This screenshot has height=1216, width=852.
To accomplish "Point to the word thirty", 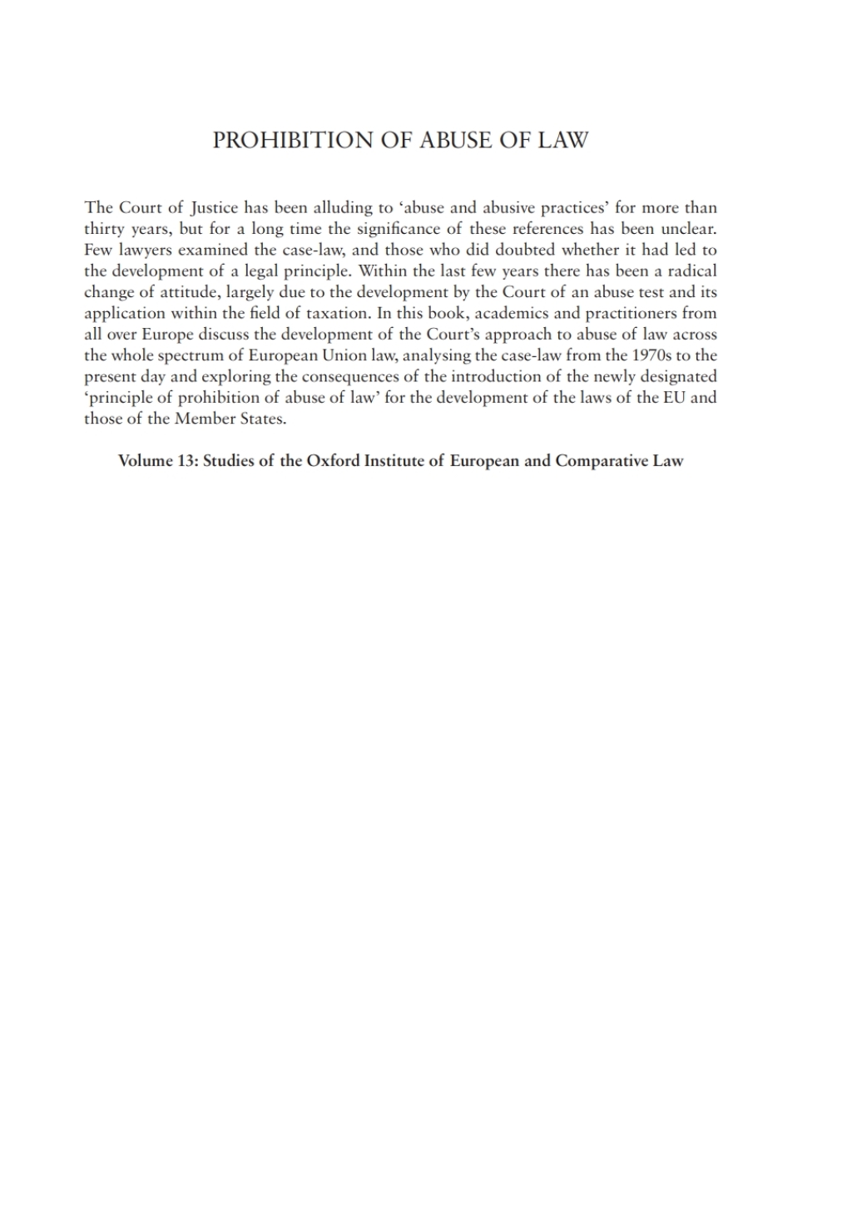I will tap(104, 229).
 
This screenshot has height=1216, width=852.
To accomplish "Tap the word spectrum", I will tap(191, 355).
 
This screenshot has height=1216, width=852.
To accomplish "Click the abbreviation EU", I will tap(675, 397).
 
